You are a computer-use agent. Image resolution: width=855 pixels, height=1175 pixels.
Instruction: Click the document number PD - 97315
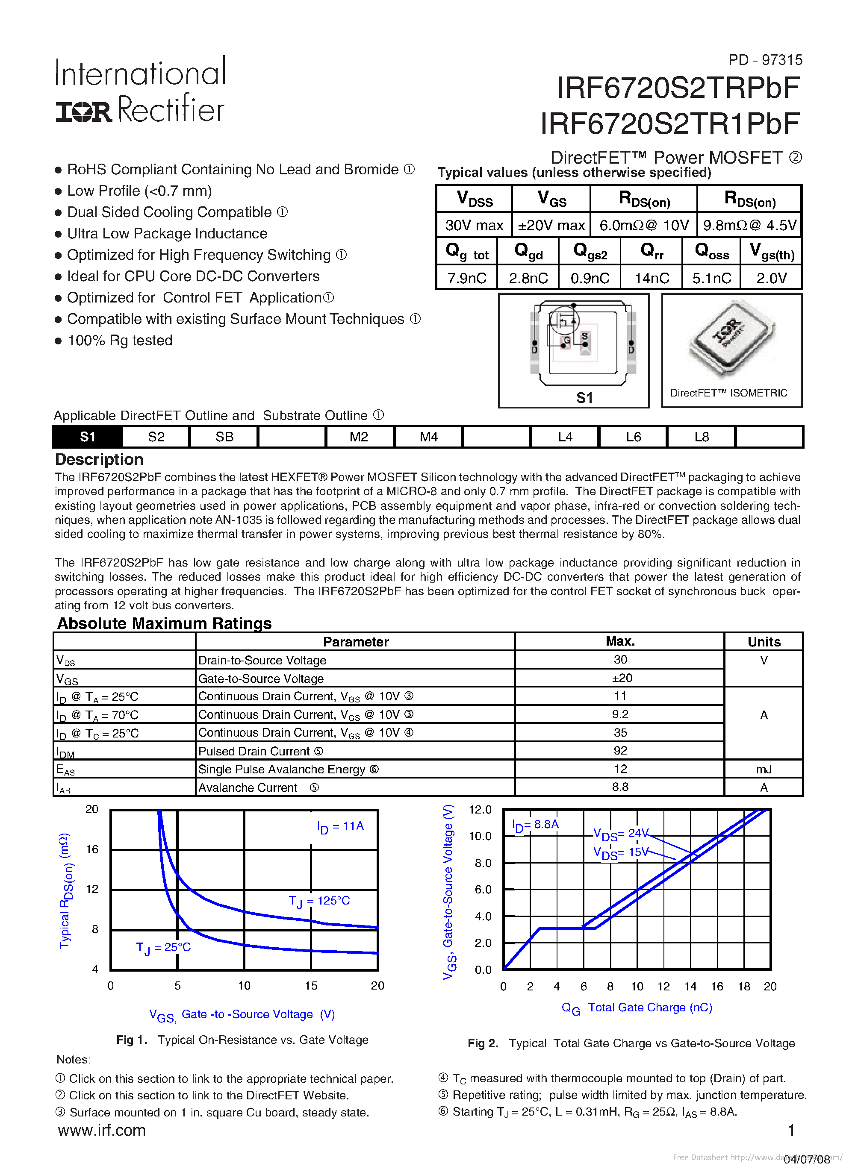[x=765, y=60]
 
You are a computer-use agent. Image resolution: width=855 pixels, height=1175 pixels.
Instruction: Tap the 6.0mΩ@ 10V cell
[x=643, y=225]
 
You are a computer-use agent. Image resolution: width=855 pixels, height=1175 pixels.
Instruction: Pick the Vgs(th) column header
[x=772, y=252]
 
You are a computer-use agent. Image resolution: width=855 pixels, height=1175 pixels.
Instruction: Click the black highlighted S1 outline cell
[x=88, y=437]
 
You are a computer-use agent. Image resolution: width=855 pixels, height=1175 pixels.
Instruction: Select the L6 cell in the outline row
[x=633, y=437]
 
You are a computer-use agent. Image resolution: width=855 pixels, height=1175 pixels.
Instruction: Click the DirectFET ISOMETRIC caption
[x=728, y=393]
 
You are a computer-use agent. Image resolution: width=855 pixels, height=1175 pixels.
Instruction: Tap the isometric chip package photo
[x=731, y=339]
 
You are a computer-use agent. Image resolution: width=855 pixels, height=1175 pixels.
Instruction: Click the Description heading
[x=99, y=460]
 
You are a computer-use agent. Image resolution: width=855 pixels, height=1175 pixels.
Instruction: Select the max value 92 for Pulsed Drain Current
[x=620, y=751]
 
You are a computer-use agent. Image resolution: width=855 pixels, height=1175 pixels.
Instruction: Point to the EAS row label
[x=66, y=770]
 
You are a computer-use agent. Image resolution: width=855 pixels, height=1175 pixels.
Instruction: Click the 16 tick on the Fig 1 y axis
[x=92, y=849]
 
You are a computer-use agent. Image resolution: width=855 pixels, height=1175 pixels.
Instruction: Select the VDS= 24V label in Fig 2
[x=621, y=834]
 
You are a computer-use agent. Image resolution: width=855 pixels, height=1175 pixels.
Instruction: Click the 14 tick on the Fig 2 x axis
[x=690, y=987]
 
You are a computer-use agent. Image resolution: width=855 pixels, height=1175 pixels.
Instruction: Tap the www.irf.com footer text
[x=102, y=1130]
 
